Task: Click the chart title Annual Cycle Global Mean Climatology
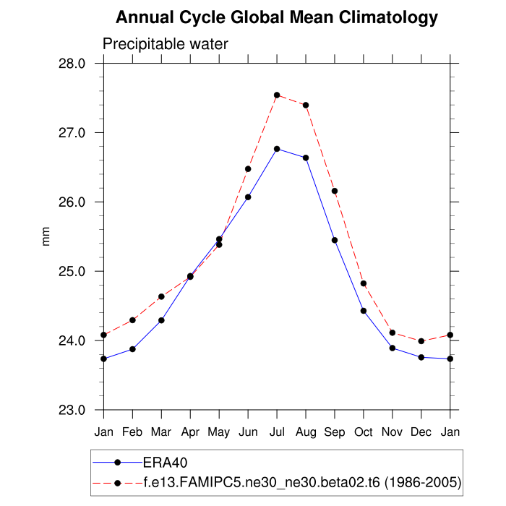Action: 277,17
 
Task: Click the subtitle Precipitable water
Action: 166,44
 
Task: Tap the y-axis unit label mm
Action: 47,236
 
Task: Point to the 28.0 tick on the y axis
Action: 72,64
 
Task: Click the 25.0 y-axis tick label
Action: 72,272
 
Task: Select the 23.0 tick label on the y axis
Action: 72,411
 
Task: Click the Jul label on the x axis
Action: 277,432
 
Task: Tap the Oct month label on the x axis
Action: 364,432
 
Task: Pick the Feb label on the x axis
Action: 132,432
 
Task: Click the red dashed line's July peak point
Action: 277,95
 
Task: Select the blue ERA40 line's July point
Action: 277,149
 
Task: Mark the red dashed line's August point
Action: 306,105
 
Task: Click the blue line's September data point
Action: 335,240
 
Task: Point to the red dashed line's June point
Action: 248,169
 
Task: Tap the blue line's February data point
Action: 132,349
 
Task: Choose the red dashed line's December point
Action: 421,341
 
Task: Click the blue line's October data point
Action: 364,311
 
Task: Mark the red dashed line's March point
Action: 161,296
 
